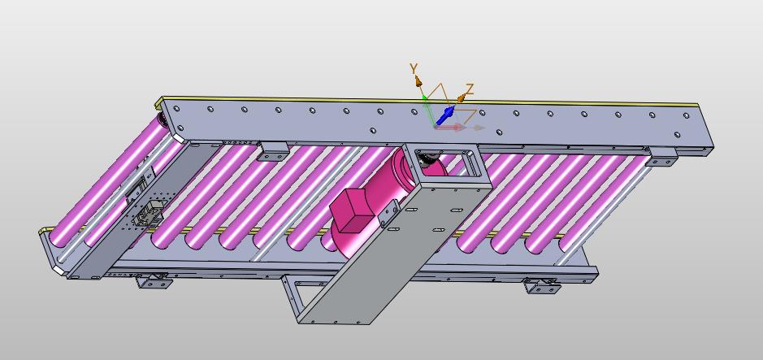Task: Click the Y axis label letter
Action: (x=414, y=68)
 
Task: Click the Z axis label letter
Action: (x=469, y=89)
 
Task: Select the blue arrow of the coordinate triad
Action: (x=445, y=116)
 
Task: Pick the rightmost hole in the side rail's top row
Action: (x=686, y=115)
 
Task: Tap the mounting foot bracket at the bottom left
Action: (x=153, y=280)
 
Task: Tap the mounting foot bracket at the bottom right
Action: (x=541, y=285)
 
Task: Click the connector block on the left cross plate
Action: (x=149, y=213)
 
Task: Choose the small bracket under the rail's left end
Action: (x=273, y=151)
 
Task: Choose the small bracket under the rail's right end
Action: (x=661, y=157)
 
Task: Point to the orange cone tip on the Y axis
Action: (x=418, y=80)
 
